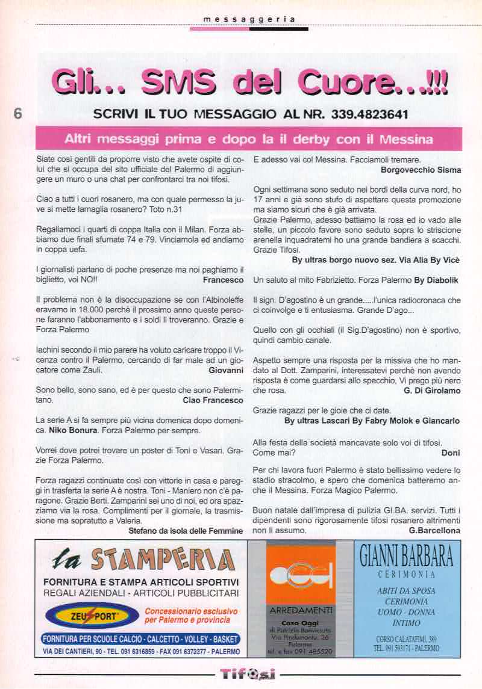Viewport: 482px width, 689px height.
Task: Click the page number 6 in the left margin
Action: coord(17,114)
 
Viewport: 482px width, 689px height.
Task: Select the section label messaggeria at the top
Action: coord(249,19)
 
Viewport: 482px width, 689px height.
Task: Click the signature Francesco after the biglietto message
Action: coord(223,280)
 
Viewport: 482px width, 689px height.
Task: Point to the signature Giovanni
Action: coord(226,370)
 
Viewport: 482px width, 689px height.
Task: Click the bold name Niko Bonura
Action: coord(69,431)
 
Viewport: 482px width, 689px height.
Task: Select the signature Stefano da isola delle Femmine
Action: coord(186,531)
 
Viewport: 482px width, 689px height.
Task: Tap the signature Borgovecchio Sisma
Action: coord(421,170)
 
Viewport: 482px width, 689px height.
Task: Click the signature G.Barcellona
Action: coord(434,531)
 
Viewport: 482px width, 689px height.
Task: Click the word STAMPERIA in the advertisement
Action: coord(162,559)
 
